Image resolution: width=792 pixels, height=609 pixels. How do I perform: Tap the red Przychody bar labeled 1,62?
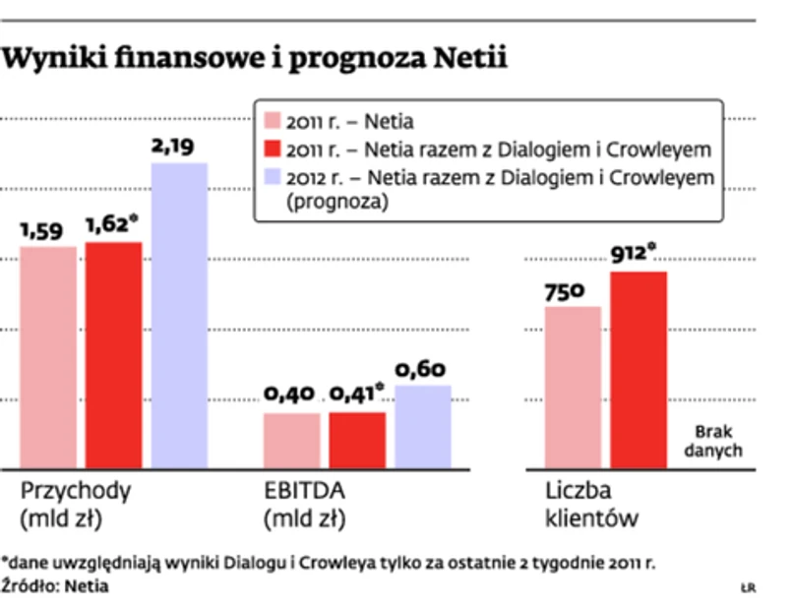[113, 354]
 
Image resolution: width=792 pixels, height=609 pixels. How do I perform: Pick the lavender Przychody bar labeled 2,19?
[178, 315]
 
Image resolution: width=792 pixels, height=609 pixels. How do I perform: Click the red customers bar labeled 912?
[639, 369]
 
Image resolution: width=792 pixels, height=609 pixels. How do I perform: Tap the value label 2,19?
[173, 147]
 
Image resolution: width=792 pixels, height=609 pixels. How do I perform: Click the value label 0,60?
[420, 370]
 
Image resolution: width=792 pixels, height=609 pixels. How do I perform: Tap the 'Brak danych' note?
[718, 442]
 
